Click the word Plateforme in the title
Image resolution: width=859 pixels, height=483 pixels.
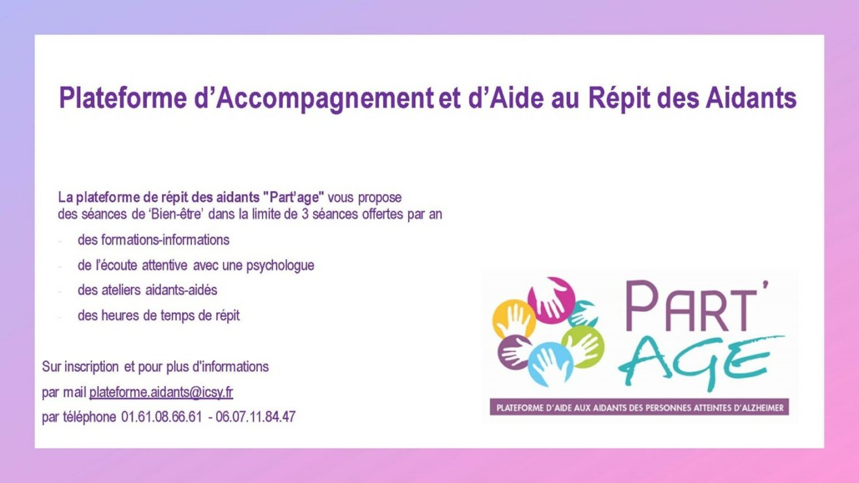coord(123,98)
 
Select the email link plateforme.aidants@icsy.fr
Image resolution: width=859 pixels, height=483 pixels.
coord(161,393)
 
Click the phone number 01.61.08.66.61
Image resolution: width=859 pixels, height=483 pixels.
coord(161,417)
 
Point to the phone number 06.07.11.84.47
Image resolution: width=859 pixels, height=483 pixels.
coord(255,417)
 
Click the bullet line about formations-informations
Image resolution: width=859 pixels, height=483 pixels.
coord(154,240)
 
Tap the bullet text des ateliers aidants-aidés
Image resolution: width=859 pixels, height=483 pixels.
coord(147,290)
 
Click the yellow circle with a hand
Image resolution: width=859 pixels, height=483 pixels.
coord(514,319)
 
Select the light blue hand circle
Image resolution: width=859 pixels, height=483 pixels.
coord(550,365)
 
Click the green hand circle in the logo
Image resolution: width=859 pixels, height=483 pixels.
coord(583,346)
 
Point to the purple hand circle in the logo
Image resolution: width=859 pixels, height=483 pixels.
coord(515,352)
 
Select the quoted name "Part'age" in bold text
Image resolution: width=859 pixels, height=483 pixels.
coord(294,197)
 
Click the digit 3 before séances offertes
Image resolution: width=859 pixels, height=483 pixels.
coord(305,214)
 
